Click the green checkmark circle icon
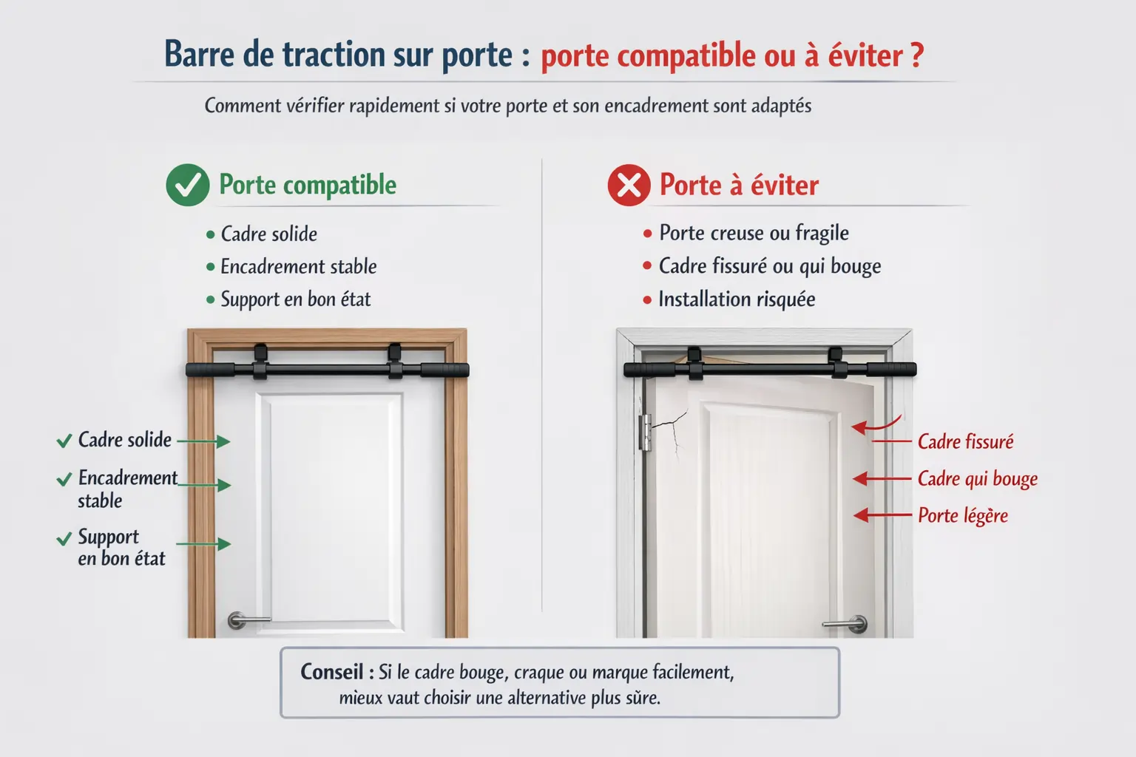pyautogui.click(x=188, y=185)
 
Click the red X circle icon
pyautogui.click(x=629, y=185)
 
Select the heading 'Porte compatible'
pyautogui.click(x=308, y=185)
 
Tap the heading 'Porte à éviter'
pyautogui.click(x=739, y=185)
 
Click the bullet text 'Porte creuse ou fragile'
pyautogui.click(x=754, y=234)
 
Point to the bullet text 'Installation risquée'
pyautogui.click(x=737, y=299)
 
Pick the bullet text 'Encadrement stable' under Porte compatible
pyautogui.click(x=298, y=267)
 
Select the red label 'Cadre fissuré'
pyautogui.click(x=965, y=442)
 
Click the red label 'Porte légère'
pyautogui.click(x=962, y=515)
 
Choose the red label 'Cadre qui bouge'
pyautogui.click(x=977, y=479)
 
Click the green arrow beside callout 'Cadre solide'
pyautogui.click(x=204, y=441)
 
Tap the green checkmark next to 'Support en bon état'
pyautogui.click(x=64, y=538)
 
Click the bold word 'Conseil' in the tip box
pyautogui.click(x=331, y=672)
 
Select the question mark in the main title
pyautogui.click(x=917, y=55)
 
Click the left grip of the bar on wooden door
pyautogui.click(x=209, y=370)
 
